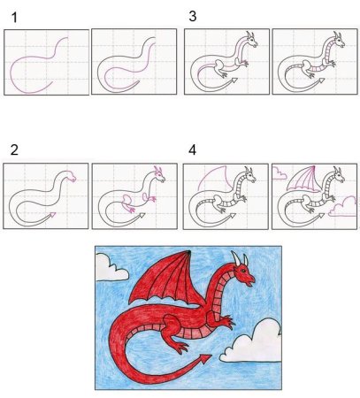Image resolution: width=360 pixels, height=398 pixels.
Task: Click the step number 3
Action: pyautogui.click(x=193, y=15)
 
